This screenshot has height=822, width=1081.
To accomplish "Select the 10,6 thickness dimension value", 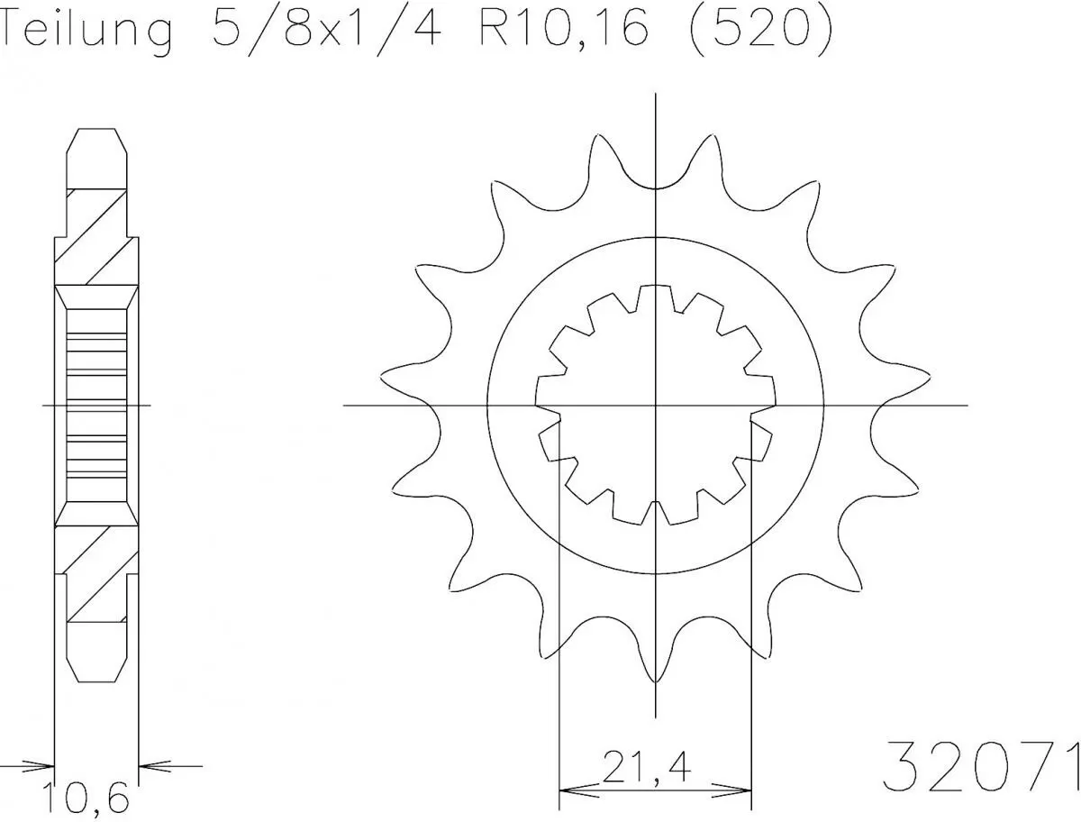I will pos(86,798).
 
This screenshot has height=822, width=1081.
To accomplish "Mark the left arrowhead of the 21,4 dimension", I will pos(573,791).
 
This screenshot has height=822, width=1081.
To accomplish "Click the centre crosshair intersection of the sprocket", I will pos(655,405).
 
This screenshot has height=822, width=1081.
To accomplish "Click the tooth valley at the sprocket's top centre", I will pos(655,187).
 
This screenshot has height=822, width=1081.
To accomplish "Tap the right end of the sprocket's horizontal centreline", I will pos(967,405).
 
